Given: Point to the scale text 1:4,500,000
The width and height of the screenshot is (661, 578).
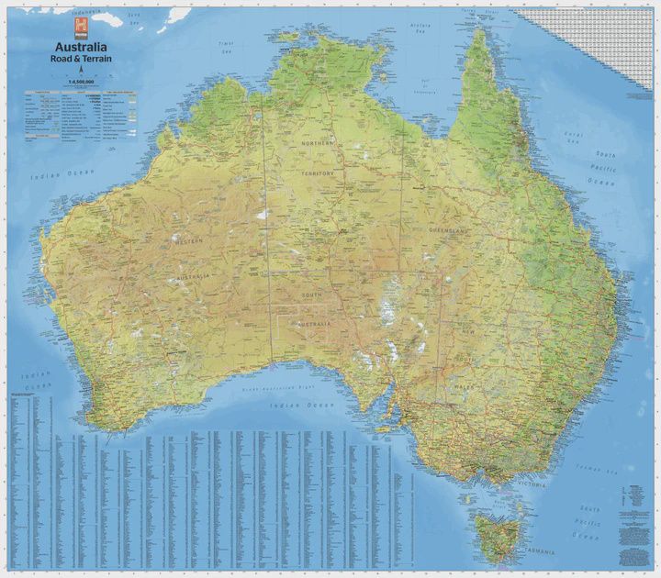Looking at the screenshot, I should click(81, 81).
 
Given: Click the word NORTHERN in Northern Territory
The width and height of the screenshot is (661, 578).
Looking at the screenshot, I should click(318, 144).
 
